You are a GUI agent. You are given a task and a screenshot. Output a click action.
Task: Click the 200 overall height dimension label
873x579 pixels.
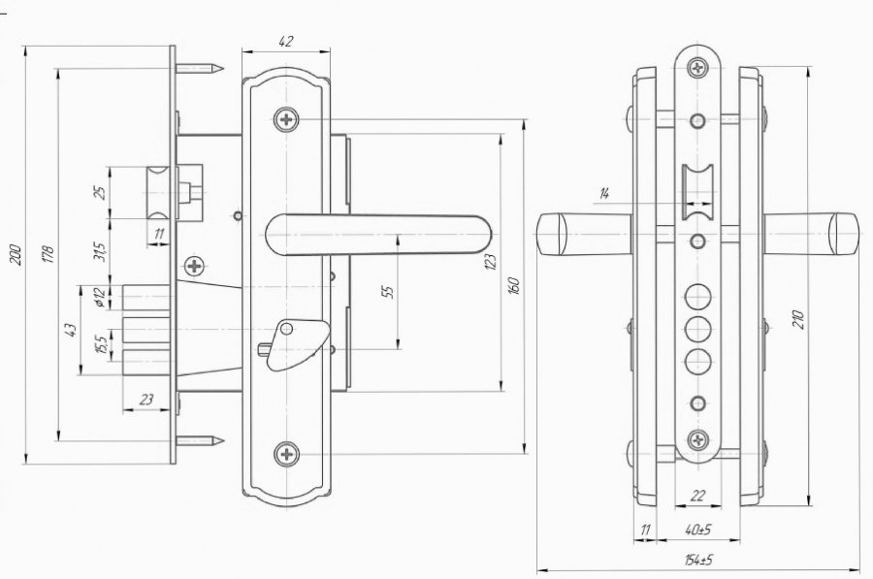(16, 255)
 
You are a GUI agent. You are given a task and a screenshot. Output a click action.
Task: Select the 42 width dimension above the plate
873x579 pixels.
(285, 41)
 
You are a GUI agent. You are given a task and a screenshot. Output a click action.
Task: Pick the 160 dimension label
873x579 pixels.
(514, 285)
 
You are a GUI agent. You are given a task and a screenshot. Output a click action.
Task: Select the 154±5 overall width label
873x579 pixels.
(698, 559)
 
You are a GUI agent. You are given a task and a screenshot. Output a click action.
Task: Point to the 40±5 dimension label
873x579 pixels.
(697, 530)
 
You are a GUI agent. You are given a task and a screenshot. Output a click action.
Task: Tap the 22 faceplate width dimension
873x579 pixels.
(697, 496)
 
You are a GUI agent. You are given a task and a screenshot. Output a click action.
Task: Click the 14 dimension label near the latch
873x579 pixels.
(604, 193)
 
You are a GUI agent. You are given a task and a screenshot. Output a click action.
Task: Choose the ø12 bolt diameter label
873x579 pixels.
(101, 298)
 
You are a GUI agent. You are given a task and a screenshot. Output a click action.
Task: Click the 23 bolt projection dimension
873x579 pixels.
(145, 400)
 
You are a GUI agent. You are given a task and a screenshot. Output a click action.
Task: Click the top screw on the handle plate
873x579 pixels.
(286, 119)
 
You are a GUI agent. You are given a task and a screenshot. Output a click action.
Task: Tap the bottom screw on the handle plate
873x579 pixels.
(287, 454)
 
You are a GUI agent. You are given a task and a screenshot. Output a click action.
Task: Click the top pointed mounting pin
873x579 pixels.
(199, 69)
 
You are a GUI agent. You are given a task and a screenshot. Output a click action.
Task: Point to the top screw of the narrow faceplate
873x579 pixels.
(697, 69)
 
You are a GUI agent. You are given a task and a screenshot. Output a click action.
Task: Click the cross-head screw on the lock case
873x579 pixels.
(194, 266)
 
